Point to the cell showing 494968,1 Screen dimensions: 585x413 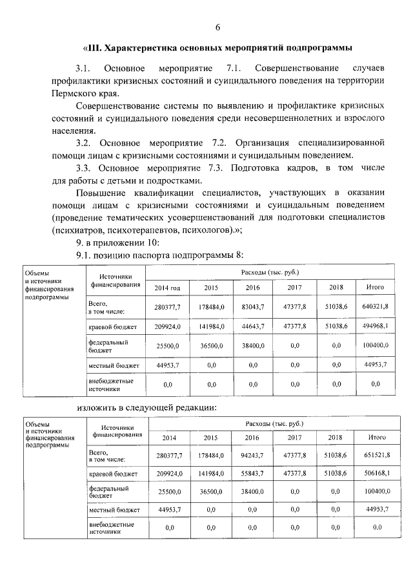(376, 326)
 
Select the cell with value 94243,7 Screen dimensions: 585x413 (252, 456)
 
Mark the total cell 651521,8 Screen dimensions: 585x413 (376, 456)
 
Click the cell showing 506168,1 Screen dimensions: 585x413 (376, 474)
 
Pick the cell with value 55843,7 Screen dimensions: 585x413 (252, 474)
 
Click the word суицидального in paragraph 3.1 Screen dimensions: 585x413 (275, 81)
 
